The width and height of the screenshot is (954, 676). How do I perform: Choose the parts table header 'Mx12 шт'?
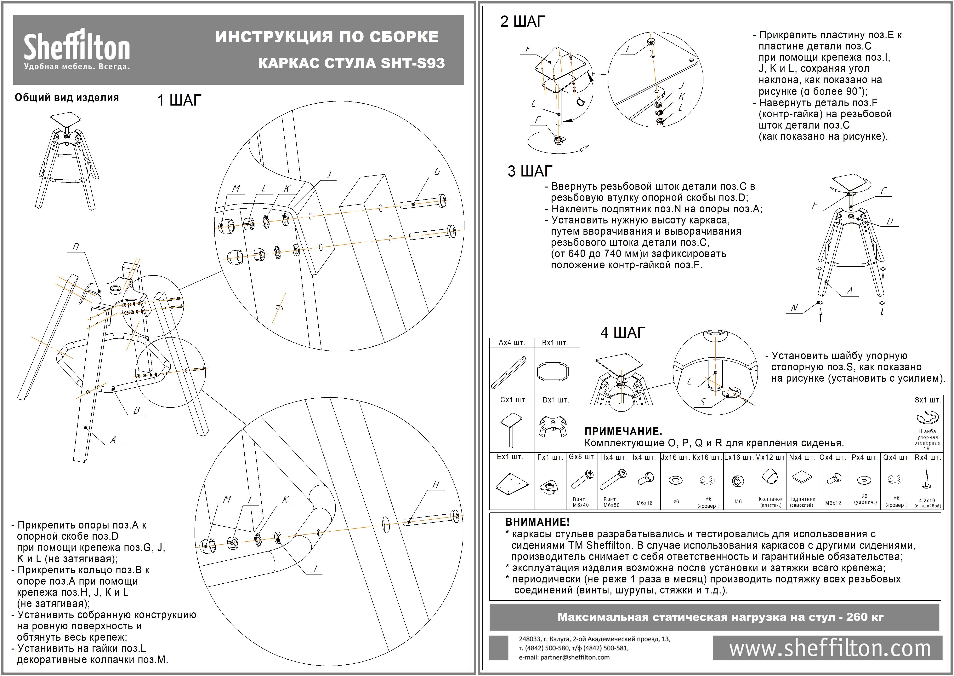(x=770, y=457)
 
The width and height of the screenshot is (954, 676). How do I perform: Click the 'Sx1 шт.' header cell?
(x=927, y=400)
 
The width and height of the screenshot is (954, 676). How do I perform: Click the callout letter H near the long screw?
(x=436, y=485)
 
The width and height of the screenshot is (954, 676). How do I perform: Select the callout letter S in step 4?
(x=702, y=402)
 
